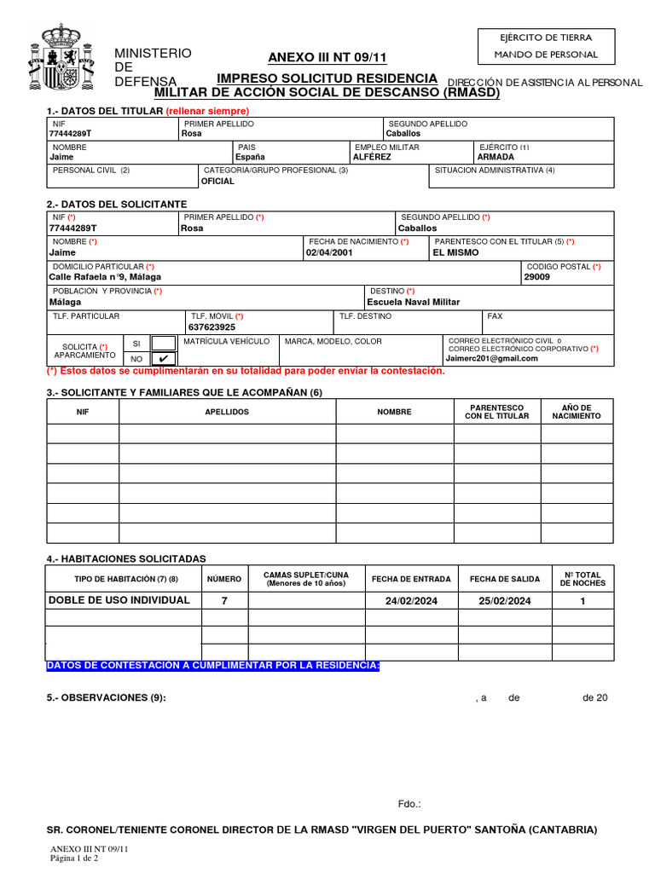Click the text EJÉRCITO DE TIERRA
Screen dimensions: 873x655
point(546,37)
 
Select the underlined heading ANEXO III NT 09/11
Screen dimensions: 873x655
point(327,58)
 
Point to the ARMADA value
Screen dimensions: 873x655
point(496,157)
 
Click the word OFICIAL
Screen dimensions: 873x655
point(217,182)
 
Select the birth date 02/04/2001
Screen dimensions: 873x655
point(329,252)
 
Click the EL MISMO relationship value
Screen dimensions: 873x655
point(456,252)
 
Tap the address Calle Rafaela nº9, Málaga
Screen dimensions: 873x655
point(105,277)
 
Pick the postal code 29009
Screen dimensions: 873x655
point(537,277)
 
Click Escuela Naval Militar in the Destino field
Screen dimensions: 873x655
point(413,302)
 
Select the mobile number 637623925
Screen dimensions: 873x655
point(212,327)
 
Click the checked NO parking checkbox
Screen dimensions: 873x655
point(163,359)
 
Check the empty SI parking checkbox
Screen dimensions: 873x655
point(163,343)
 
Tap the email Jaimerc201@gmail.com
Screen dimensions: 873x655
point(493,359)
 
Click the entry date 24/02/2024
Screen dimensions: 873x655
point(411,601)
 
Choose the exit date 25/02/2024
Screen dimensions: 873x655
point(505,601)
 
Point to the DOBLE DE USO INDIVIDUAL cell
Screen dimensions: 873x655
point(119,600)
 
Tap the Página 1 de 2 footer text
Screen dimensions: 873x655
point(75,859)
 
